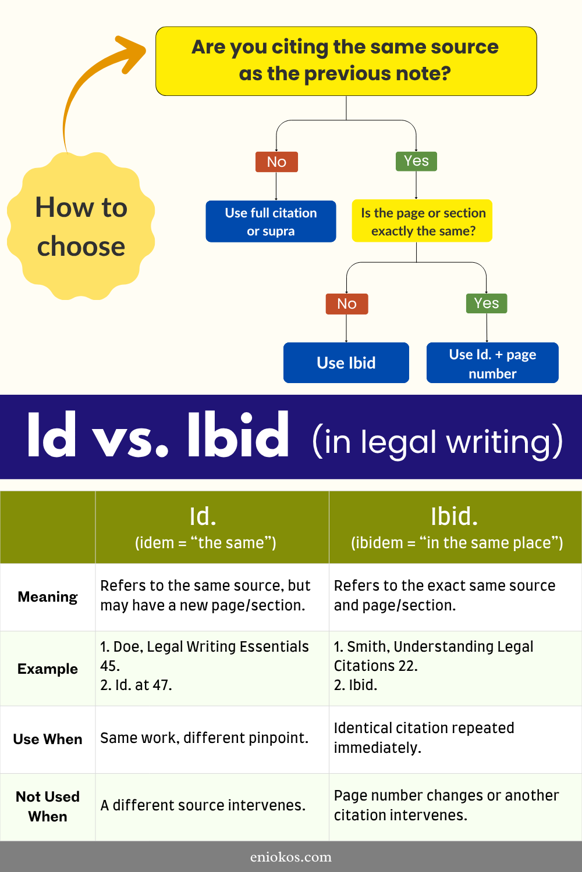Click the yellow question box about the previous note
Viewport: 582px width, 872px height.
pyautogui.click(x=346, y=60)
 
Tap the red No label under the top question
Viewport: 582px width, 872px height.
pyautogui.click(x=276, y=162)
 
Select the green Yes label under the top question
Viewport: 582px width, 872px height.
pyautogui.click(x=416, y=161)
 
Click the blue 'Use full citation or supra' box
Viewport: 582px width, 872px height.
pyautogui.click(x=271, y=221)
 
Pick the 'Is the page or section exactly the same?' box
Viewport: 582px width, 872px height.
pyautogui.click(x=423, y=221)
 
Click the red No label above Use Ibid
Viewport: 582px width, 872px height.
pyautogui.click(x=347, y=303)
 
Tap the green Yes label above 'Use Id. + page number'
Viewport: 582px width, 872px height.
pyautogui.click(x=487, y=303)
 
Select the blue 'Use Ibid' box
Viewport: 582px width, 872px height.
pyautogui.click(x=346, y=363)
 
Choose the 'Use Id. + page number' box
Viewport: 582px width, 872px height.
pyautogui.click(x=492, y=363)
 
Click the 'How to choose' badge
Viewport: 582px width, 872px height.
pyautogui.click(x=81, y=227)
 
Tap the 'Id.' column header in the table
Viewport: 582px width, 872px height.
pyautogui.click(x=203, y=527)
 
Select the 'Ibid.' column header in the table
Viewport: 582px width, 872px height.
pyautogui.click(x=455, y=527)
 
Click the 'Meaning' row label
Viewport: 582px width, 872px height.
pyautogui.click(x=48, y=597)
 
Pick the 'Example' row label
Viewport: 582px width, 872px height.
pyautogui.click(x=48, y=669)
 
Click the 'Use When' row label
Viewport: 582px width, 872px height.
pyautogui.click(x=48, y=739)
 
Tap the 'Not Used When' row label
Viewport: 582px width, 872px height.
pyautogui.click(x=48, y=806)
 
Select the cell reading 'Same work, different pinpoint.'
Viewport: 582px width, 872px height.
pyautogui.click(x=204, y=738)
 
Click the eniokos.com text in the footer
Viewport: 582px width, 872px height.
pyautogui.click(x=291, y=857)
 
